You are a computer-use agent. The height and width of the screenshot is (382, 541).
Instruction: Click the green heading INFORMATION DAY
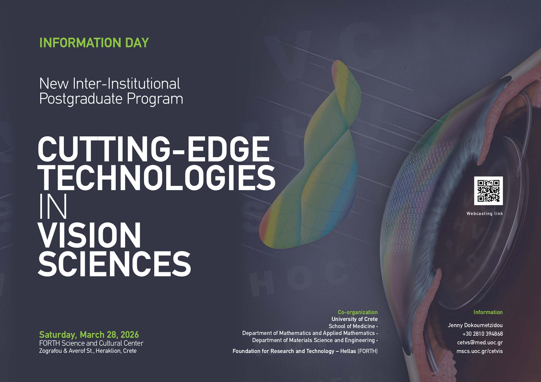[x=94, y=43]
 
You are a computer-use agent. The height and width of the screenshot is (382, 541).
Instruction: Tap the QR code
[x=488, y=191]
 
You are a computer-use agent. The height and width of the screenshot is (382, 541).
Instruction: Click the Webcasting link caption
[x=485, y=214]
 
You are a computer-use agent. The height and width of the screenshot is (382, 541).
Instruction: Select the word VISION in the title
[x=89, y=235]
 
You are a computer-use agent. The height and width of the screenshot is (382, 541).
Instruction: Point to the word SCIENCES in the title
[x=114, y=264]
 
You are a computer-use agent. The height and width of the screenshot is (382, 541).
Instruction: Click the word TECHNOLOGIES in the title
[x=157, y=178]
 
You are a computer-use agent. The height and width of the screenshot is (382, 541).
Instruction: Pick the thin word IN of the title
[x=53, y=206]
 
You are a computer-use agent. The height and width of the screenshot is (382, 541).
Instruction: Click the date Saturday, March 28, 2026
[x=89, y=335]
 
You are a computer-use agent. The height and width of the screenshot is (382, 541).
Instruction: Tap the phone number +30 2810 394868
[x=482, y=334]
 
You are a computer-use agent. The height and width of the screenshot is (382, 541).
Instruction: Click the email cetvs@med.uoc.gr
[x=480, y=343]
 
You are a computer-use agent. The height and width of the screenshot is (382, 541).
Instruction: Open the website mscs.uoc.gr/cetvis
[x=479, y=351]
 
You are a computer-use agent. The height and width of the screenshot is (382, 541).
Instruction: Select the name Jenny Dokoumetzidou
[x=475, y=325]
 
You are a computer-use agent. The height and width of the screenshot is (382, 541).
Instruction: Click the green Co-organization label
[x=358, y=312]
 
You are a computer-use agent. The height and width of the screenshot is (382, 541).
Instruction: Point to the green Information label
[x=488, y=312]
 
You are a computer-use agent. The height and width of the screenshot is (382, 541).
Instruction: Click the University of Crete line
[x=354, y=319]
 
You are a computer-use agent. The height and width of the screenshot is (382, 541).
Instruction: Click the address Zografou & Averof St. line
[x=88, y=351]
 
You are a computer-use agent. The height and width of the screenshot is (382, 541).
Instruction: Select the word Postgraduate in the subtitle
[x=81, y=99]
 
